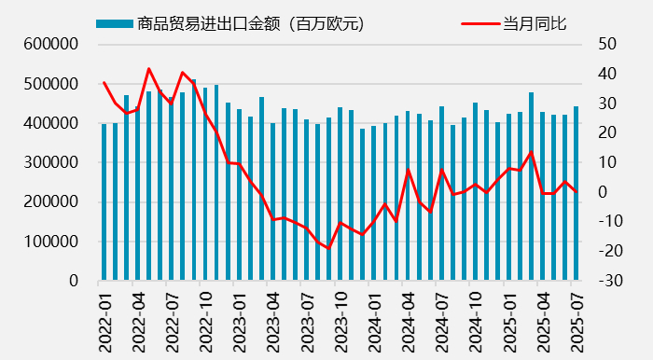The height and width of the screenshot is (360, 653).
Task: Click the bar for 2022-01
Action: pyautogui.click(x=104, y=201)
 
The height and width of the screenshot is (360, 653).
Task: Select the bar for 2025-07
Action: pyautogui.click(x=576, y=193)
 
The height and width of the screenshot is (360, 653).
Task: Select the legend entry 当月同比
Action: pyautogui.click(x=535, y=23)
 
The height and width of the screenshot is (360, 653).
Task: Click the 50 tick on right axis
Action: pyautogui.click(x=607, y=44)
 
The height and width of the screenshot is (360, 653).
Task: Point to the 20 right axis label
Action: pyautogui.click(x=607, y=132)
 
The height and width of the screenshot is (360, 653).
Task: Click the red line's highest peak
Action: pyautogui.click(x=149, y=68)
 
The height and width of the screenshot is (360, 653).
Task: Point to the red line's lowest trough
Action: pyautogui.click(x=328, y=248)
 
